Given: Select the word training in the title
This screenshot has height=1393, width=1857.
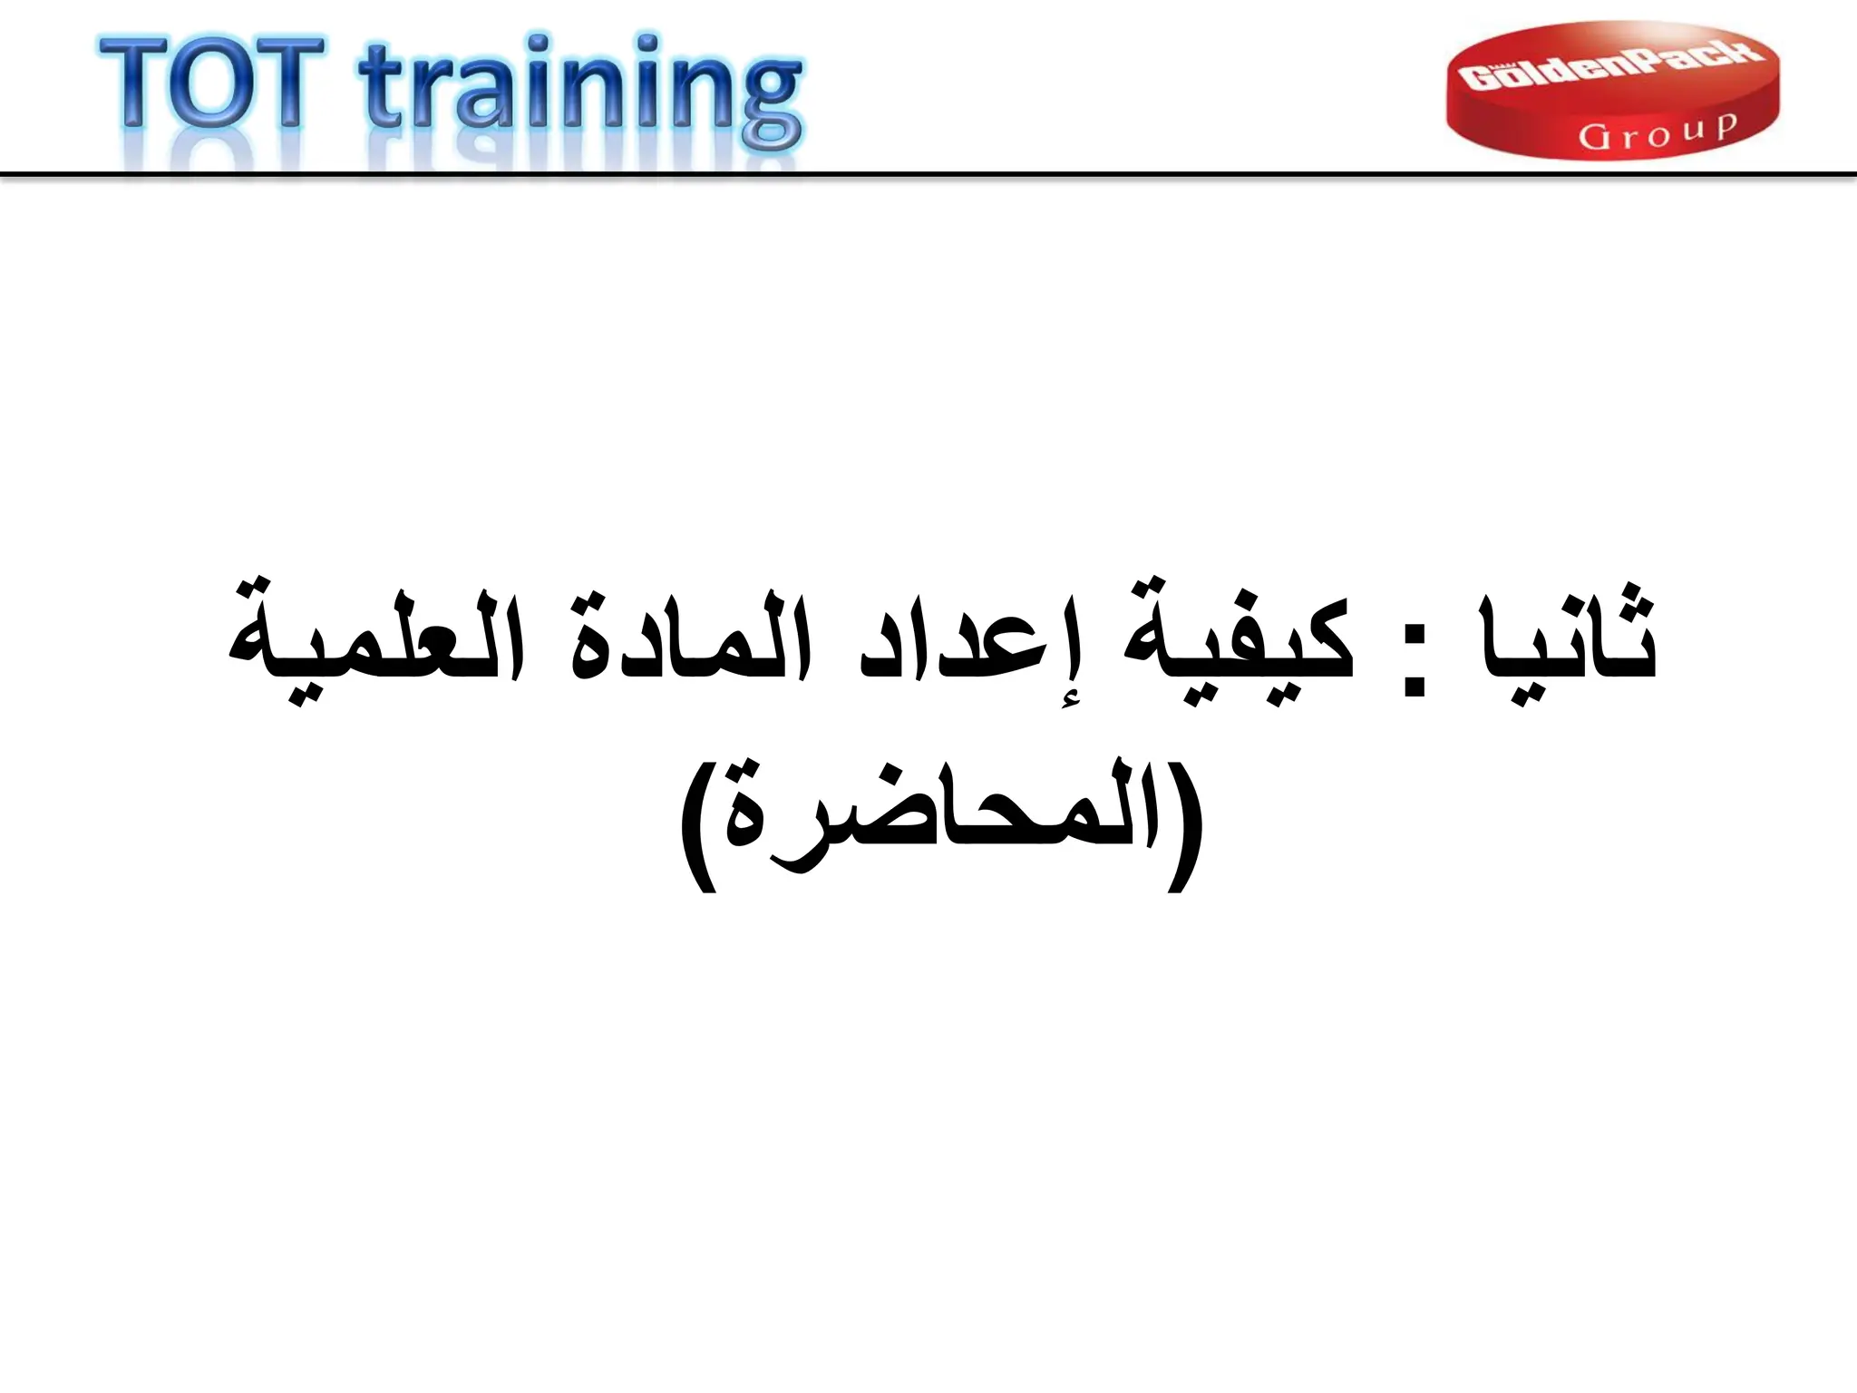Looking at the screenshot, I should coord(581,91).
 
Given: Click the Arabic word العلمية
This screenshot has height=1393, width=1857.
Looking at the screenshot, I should coord(375,638).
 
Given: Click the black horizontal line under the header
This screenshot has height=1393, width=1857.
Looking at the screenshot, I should coord(928,173).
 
